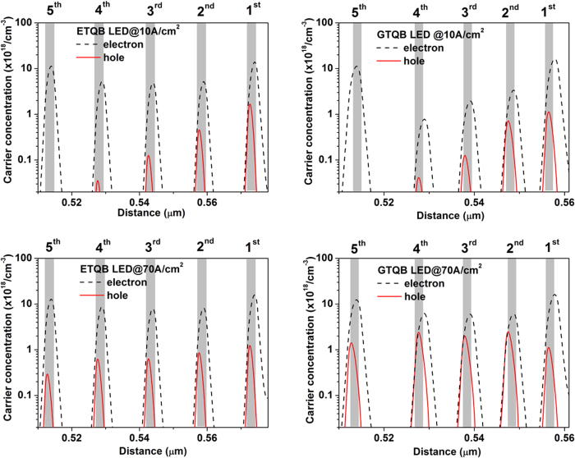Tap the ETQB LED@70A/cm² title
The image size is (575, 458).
point(106,266)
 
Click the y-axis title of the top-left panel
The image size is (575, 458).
point(7,107)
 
